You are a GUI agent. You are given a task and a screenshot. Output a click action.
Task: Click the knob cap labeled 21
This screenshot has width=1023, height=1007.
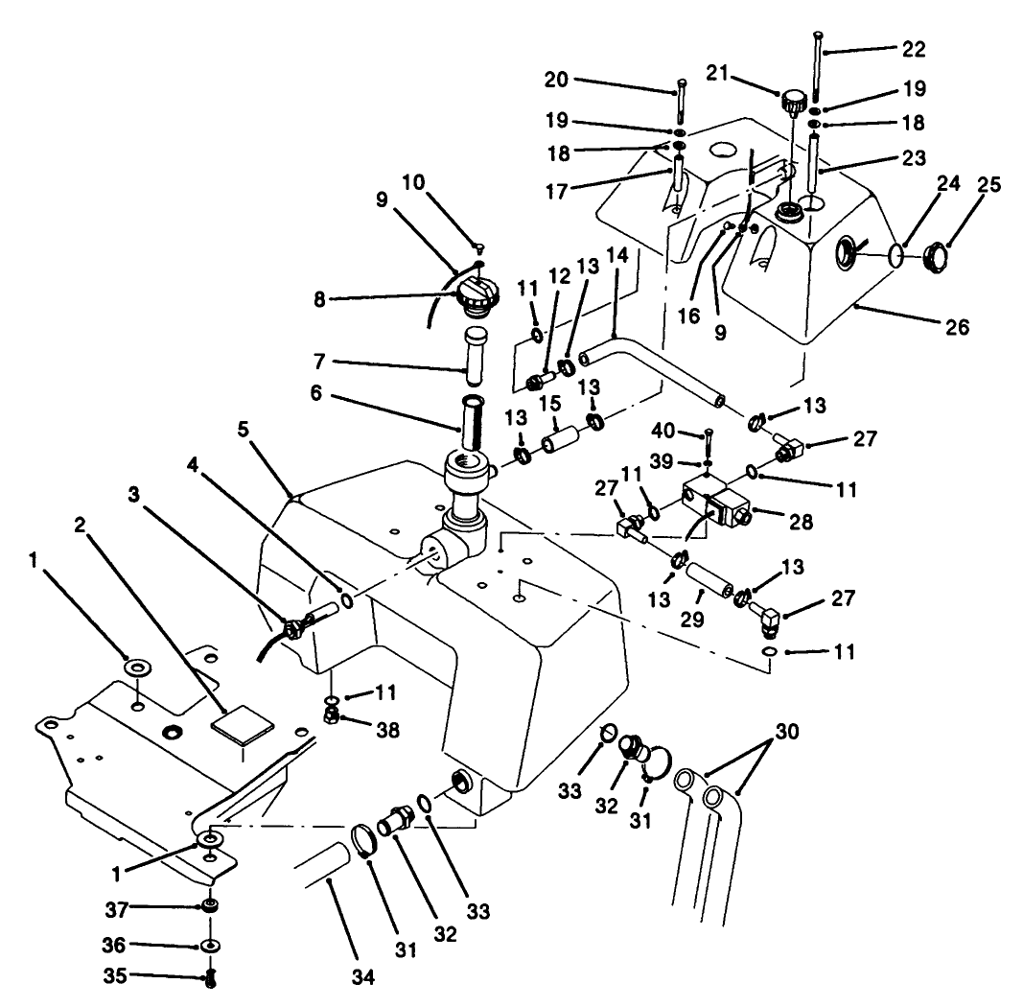[x=794, y=100]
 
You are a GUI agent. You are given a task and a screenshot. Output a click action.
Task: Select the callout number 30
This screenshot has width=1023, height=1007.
[x=785, y=732]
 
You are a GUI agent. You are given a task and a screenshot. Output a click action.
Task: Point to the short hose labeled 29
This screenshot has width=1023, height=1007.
[x=709, y=585]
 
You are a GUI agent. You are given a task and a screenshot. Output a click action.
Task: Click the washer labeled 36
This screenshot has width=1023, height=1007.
[x=209, y=947]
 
